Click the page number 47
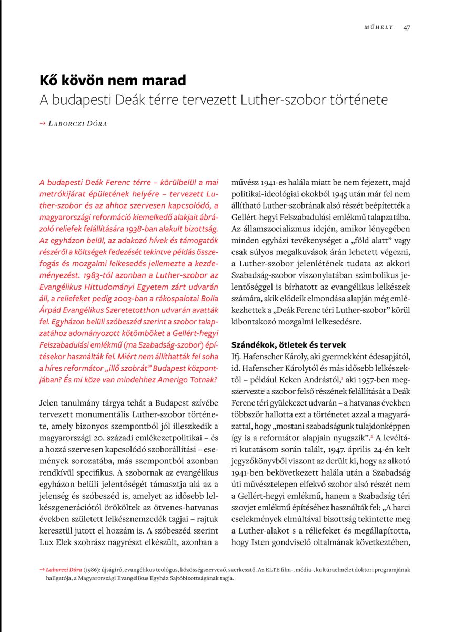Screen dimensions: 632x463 click(407, 27)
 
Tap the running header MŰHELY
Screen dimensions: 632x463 click(379, 27)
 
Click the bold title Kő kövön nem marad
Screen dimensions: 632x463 click(113, 81)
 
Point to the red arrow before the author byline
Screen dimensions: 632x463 click(43, 124)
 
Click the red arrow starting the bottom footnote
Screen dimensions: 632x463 click(42, 570)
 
